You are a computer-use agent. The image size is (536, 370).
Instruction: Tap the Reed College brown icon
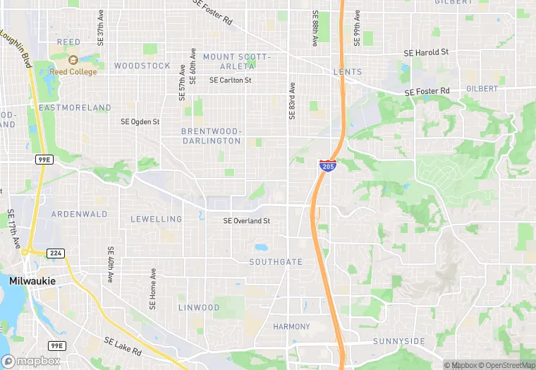[73, 60]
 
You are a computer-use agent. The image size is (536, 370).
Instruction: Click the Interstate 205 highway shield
[327, 166]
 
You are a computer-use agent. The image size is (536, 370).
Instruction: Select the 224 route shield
[56, 253]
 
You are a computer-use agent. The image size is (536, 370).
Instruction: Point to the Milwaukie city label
[32, 281]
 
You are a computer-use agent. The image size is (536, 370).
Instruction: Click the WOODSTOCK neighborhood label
[142, 66]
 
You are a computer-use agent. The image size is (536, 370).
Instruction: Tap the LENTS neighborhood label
[348, 72]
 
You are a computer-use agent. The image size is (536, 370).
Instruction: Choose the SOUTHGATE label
[276, 262]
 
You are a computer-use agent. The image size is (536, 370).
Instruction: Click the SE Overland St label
[247, 221]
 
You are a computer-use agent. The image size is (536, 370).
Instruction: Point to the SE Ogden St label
[140, 121]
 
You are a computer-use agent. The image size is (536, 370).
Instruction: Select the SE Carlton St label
[230, 80]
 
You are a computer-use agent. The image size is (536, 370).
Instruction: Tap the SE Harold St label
[426, 53]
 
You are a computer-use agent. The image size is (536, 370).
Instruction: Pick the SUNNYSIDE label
[399, 342]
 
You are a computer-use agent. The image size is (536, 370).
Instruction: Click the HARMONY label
[291, 327]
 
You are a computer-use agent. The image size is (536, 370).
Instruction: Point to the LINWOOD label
[198, 308]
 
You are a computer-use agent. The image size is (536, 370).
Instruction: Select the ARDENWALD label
[79, 214]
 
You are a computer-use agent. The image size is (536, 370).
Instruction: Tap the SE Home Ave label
[152, 290]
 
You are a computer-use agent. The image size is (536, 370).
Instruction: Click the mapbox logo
[30, 361]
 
